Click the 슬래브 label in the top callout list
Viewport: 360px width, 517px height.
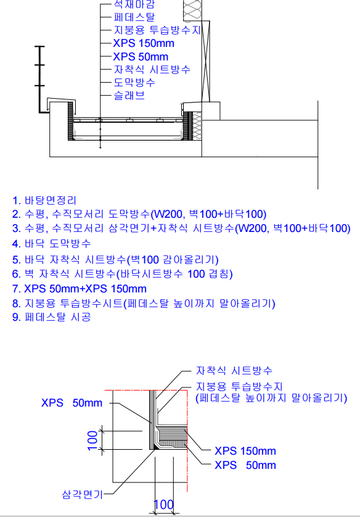129,95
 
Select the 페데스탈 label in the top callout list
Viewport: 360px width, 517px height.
134,17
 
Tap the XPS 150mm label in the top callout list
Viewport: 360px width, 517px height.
144,43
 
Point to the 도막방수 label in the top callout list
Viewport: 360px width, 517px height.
134,82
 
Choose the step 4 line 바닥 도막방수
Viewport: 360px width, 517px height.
51,244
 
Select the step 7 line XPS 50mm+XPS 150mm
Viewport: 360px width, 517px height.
80,289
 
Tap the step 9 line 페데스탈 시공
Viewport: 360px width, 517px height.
51,317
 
